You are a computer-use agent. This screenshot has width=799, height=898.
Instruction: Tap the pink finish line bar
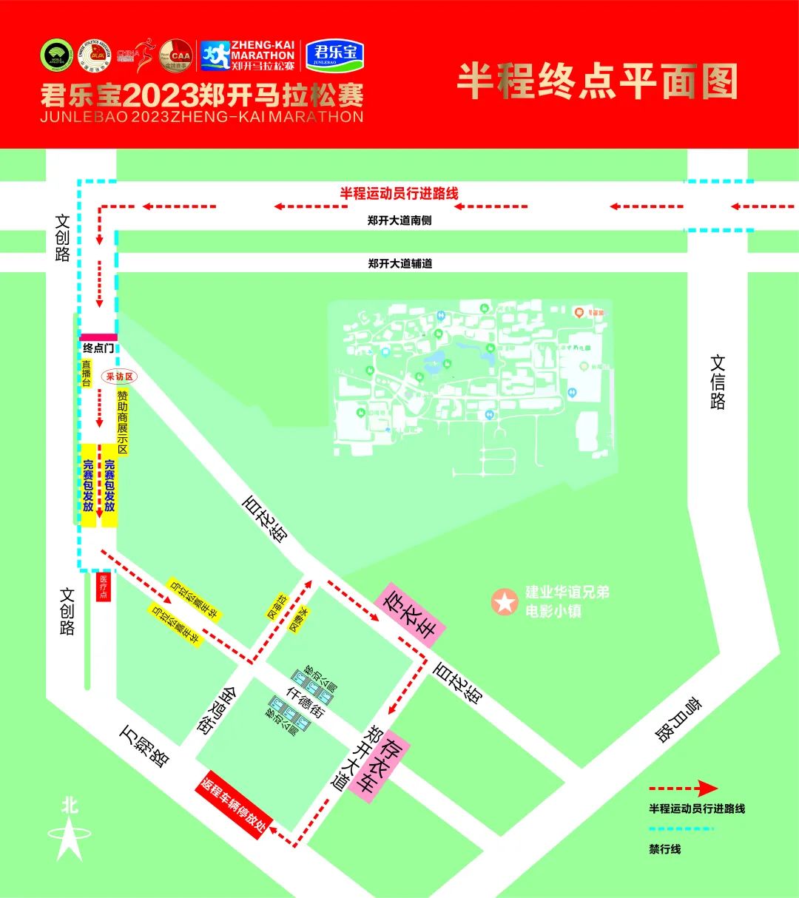click(98, 337)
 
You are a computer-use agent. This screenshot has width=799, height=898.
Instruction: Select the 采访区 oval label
click(121, 377)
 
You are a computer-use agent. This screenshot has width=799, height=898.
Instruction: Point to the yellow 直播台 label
click(86, 374)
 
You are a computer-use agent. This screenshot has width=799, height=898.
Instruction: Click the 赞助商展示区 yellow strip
click(122, 422)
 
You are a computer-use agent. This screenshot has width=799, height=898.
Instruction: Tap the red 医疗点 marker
click(104, 587)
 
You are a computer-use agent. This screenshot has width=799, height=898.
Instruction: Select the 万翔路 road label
click(145, 745)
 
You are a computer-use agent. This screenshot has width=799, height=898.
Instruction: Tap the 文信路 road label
click(718, 382)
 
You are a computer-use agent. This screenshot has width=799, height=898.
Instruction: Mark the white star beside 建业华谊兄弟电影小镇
click(505, 602)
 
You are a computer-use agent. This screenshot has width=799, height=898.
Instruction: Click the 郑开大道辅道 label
click(399, 263)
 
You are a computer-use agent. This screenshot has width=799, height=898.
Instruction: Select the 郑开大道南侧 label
click(399, 220)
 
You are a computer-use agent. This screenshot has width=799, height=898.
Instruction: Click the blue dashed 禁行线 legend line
click(681, 829)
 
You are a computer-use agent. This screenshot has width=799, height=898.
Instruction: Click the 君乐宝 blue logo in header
click(335, 55)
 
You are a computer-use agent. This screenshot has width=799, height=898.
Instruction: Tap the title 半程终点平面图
click(597, 81)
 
